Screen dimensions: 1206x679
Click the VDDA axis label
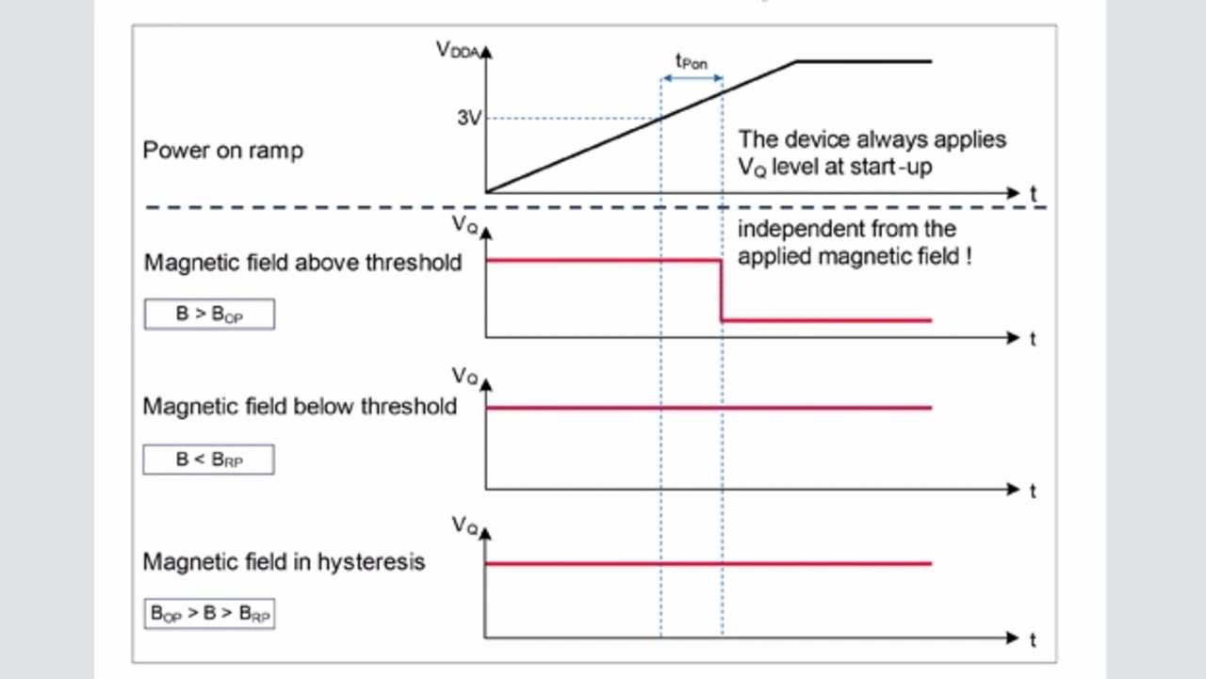pyautogui.click(x=457, y=50)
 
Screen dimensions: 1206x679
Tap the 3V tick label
pyautogui.click(x=469, y=118)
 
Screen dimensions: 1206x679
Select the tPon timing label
pyautogui.click(x=692, y=62)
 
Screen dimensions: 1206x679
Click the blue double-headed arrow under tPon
pyautogui.click(x=692, y=78)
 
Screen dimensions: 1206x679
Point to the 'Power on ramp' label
pyautogui.click(x=223, y=151)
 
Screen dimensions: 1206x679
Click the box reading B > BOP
pyautogui.click(x=209, y=314)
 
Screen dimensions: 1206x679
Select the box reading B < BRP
pyautogui.click(x=209, y=460)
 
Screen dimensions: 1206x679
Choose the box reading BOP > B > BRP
pyautogui.click(x=209, y=613)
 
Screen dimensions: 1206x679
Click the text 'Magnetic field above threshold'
pyautogui.click(x=302, y=263)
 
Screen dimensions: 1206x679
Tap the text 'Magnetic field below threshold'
pyautogui.click(x=300, y=407)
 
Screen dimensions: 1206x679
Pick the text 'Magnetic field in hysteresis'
pyautogui.click(x=284, y=562)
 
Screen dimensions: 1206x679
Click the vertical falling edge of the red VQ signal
pyautogui.click(x=721, y=291)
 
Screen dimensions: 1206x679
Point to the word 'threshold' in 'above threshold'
pyautogui.click(x=414, y=263)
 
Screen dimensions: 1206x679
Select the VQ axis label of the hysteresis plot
pyautogui.click(x=464, y=525)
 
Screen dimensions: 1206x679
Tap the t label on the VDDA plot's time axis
pyautogui.click(x=1034, y=194)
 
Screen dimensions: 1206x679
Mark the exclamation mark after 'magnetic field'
pyautogui.click(x=969, y=256)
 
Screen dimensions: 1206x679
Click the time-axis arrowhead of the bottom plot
pyautogui.click(x=1012, y=639)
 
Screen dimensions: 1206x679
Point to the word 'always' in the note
pyautogui.click(x=892, y=140)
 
